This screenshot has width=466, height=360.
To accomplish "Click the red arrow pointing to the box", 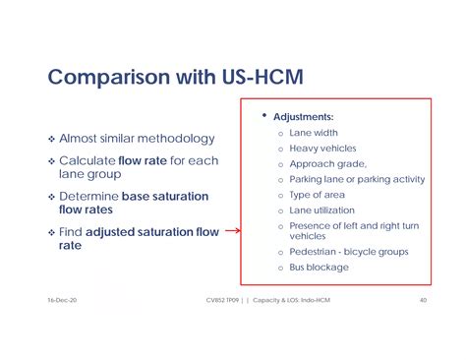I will (232, 232).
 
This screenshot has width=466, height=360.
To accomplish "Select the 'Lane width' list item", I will (316, 132).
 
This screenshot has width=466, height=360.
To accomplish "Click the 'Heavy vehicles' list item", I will (322, 148).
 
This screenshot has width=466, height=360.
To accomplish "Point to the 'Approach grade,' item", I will (327, 163).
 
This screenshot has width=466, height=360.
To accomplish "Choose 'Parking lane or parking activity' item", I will (357, 179).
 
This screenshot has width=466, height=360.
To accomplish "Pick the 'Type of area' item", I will (319, 195).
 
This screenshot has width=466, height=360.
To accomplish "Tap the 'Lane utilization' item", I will (323, 210).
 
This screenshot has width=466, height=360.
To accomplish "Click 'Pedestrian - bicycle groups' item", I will (348, 252).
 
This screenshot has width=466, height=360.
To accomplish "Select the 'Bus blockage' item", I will (319, 268).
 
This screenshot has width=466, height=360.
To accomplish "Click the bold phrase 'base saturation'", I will (164, 196).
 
